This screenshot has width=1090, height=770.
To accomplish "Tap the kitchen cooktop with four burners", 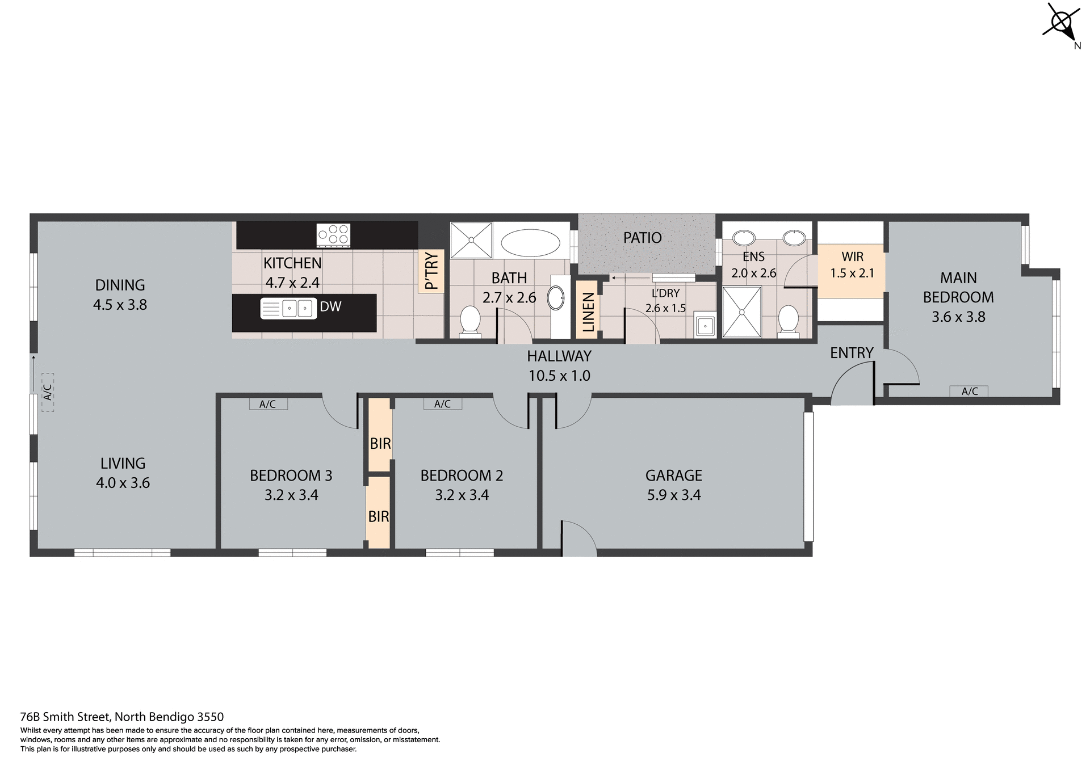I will (333, 235).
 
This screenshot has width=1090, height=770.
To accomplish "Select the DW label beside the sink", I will (330, 307).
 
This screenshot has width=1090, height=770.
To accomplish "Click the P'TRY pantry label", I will (432, 271).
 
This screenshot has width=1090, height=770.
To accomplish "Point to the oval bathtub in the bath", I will (530, 243).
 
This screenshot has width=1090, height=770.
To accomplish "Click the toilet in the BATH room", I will (469, 322).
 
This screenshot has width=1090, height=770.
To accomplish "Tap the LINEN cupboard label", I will (588, 312).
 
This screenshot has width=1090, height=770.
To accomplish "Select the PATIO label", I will (642, 238).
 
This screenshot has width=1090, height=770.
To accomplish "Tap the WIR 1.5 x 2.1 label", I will (852, 265).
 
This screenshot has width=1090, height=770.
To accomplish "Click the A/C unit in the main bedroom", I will (970, 391).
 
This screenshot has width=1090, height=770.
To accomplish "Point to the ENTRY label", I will (851, 353).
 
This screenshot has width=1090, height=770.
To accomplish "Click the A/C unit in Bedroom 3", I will (268, 404).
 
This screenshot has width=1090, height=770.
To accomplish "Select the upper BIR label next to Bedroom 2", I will (380, 443).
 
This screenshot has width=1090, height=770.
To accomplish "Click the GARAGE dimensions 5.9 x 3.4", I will (674, 495).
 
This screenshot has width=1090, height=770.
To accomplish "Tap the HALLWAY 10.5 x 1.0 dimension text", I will (559, 376).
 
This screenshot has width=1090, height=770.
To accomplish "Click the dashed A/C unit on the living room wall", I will (48, 392).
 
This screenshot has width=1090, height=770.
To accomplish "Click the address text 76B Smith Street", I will (122, 717).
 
